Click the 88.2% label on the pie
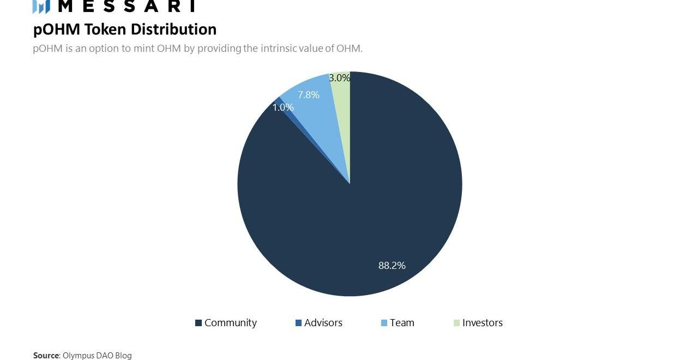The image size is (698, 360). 392,266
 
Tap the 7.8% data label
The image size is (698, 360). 308,95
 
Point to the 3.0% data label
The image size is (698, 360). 339,78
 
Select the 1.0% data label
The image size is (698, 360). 283,107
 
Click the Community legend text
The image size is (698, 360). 230,323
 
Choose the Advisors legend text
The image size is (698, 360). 323,323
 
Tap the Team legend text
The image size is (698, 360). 402,323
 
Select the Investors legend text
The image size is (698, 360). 482,323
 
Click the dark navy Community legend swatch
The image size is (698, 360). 198,323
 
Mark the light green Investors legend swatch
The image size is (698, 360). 456,323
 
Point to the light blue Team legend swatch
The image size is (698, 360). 384,323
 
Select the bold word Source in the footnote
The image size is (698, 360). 46,356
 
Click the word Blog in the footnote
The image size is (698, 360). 123,356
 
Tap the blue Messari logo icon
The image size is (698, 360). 41,7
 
